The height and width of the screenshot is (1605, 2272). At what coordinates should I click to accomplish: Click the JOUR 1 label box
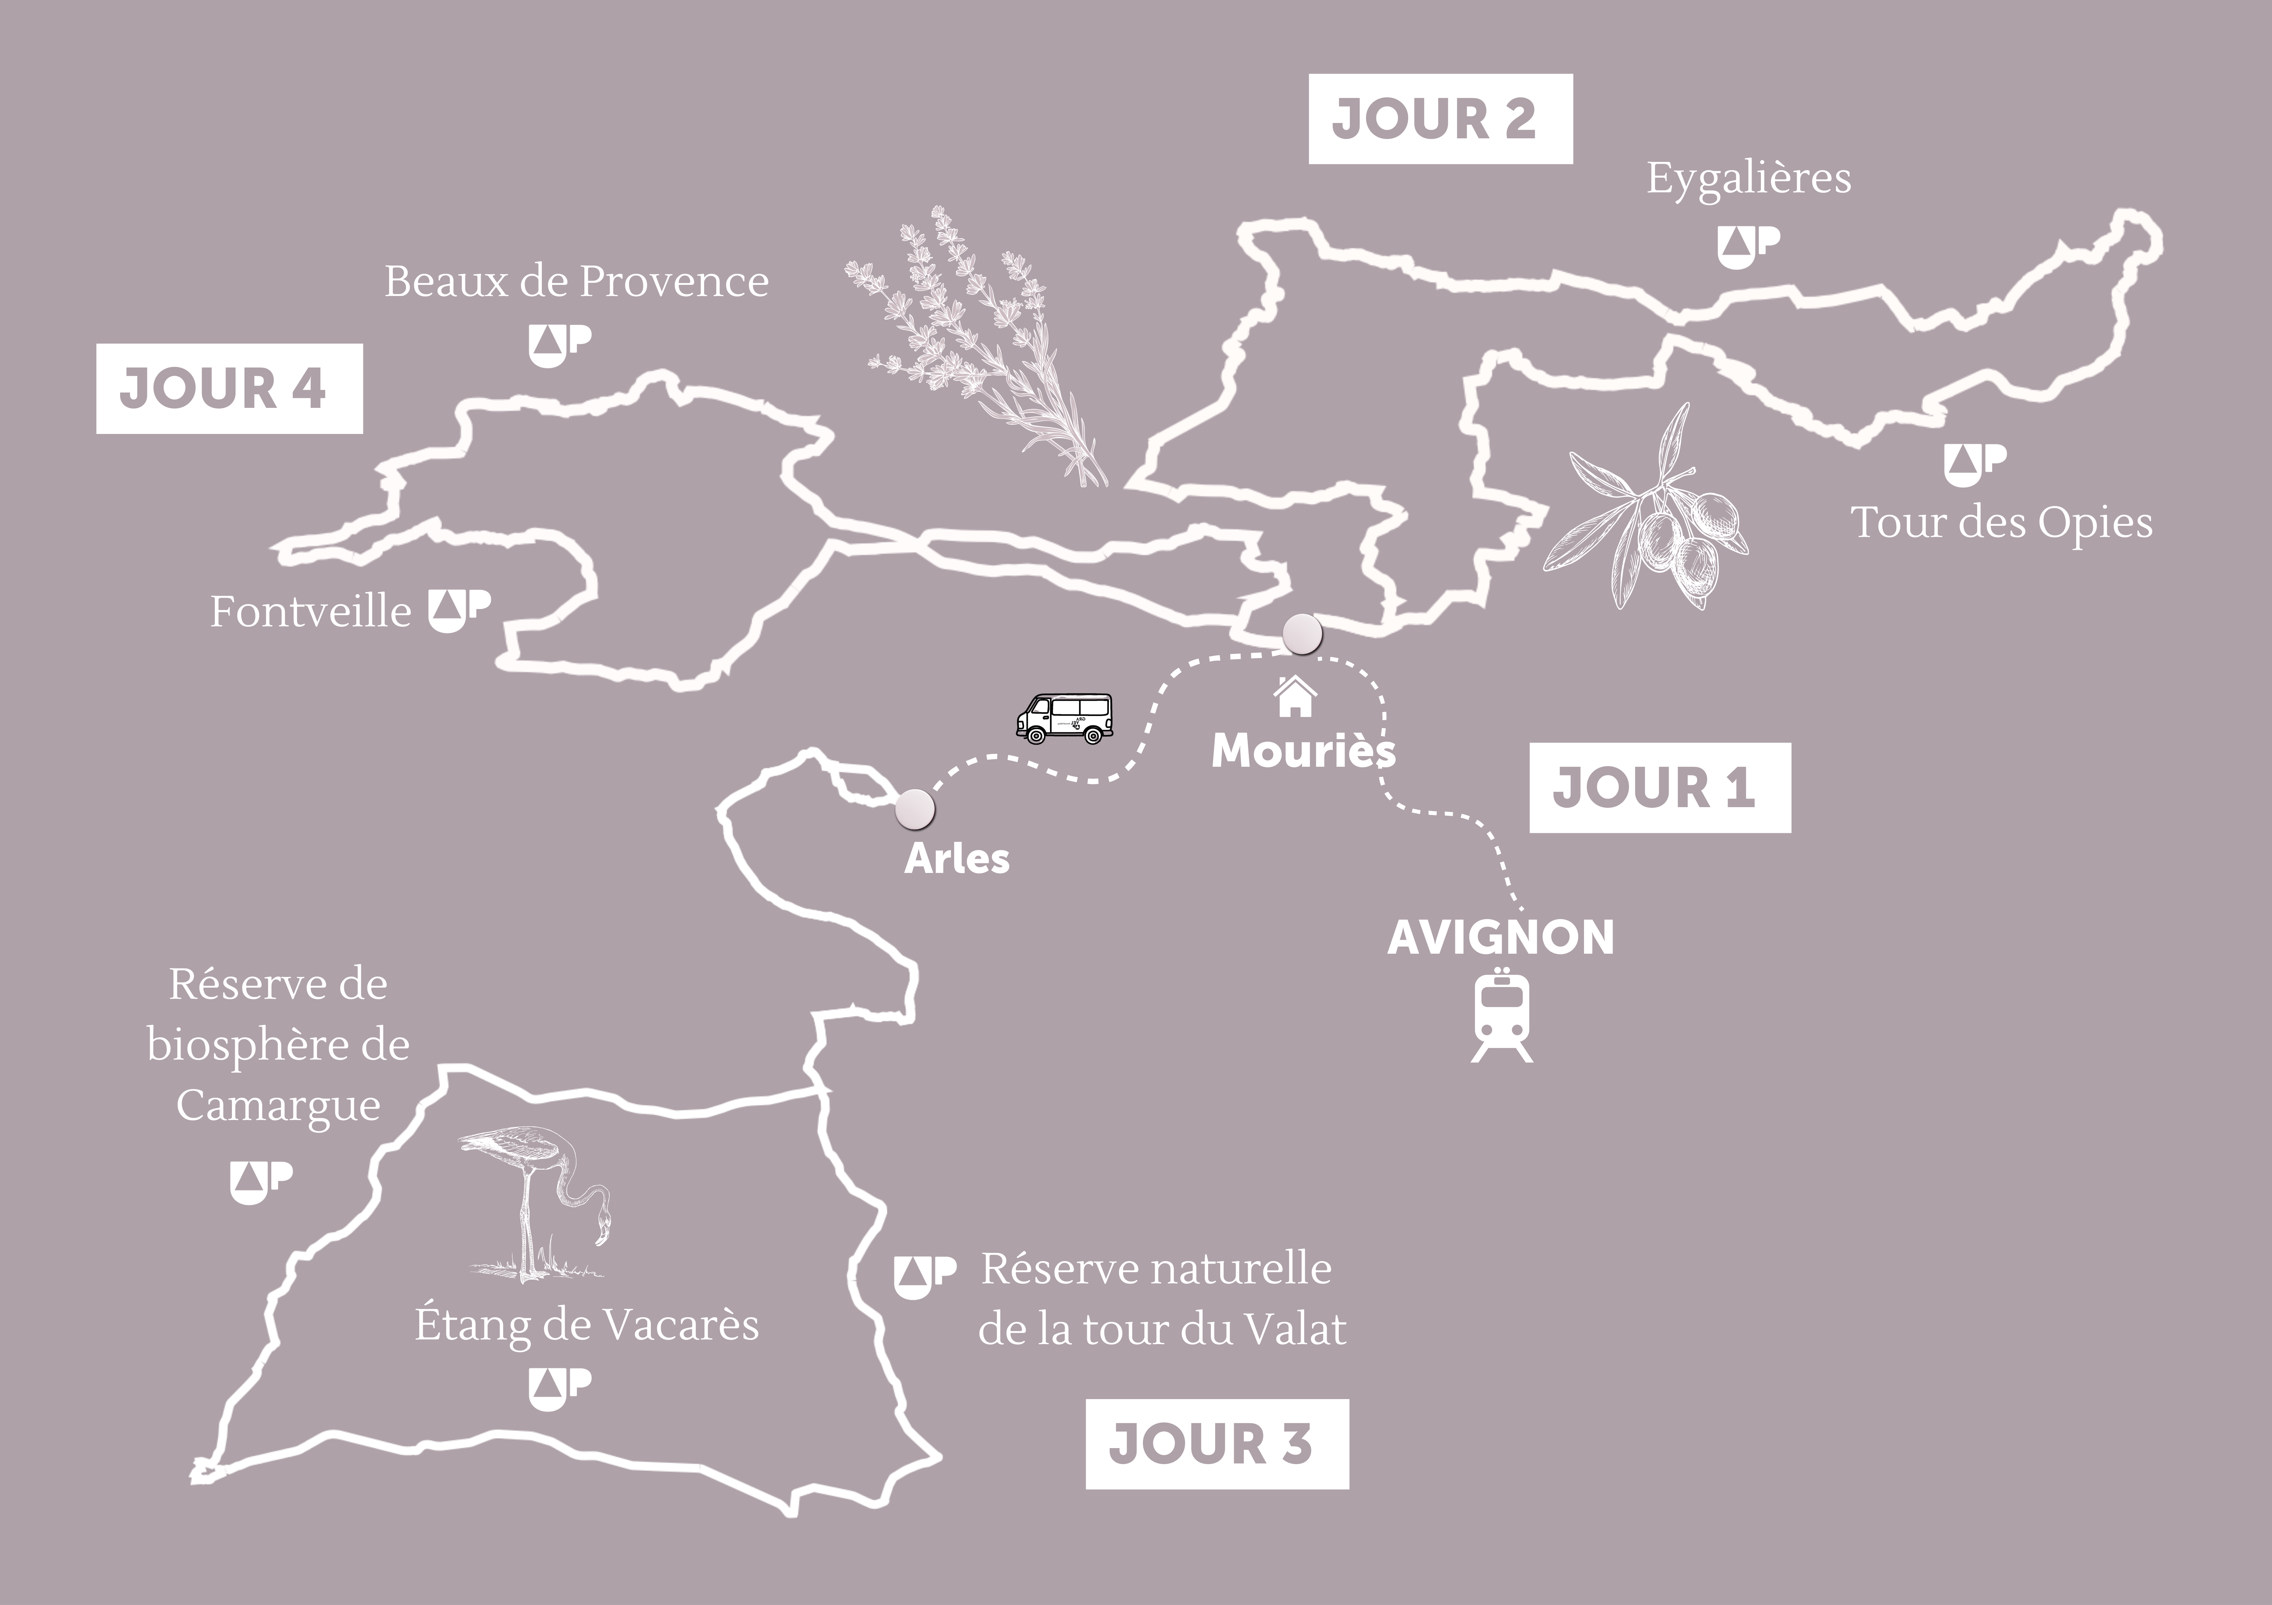pos(1659,787)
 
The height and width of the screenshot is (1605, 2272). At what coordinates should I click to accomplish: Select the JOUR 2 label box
pos(1440,119)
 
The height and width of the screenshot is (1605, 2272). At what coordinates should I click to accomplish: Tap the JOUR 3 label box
pos(1216,1444)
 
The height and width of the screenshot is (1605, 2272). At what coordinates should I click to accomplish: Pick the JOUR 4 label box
pos(229,388)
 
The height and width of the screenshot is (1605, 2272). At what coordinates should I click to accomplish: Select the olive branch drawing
pos(1648,510)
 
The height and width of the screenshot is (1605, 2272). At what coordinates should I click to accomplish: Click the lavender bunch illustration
pos(975,346)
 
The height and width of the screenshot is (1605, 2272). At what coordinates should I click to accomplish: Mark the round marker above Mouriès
pos(1301,633)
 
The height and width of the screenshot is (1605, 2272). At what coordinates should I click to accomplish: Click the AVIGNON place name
pos(1500,937)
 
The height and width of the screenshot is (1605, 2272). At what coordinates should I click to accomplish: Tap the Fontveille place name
pos(310,612)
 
